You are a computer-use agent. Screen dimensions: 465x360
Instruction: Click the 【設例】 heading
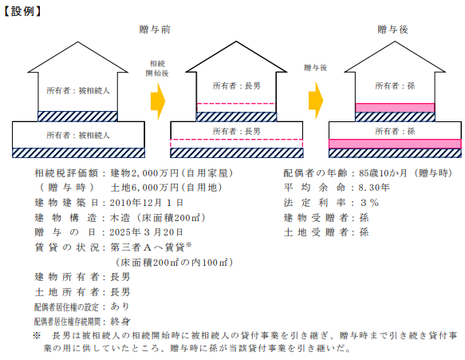click(x=23, y=11)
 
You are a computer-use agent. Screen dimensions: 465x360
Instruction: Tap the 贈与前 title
click(x=155, y=30)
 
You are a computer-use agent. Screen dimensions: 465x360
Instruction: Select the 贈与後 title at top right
click(x=392, y=30)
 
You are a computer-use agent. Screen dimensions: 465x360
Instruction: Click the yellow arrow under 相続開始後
click(x=158, y=101)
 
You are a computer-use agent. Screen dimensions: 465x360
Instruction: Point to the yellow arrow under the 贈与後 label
click(x=316, y=101)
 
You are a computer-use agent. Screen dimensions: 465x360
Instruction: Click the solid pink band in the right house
click(x=395, y=108)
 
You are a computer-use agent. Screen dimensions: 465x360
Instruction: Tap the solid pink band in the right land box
click(x=395, y=144)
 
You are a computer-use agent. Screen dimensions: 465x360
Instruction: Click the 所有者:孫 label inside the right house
click(x=395, y=86)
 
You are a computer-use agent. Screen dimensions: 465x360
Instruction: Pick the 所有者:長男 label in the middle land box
click(x=236, y=131)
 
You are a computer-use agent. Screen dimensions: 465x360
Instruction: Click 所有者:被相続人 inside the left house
click(x=78, y=90)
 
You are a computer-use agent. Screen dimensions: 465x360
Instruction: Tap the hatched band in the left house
click(x=77, y=117)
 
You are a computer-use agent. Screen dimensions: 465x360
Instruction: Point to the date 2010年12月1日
click(x=147, y=203)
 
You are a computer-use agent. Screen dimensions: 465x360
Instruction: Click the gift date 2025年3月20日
click(x=147, y=232)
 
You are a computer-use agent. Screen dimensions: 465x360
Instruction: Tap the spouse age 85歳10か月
click(x=383, y=173)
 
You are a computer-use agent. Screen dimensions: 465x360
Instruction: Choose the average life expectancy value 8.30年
click(x=374, y=188)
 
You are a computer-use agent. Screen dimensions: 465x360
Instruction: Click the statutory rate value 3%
click(x=370, y=203)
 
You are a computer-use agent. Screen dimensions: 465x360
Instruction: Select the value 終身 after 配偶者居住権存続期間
click(x=120, y=322)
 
